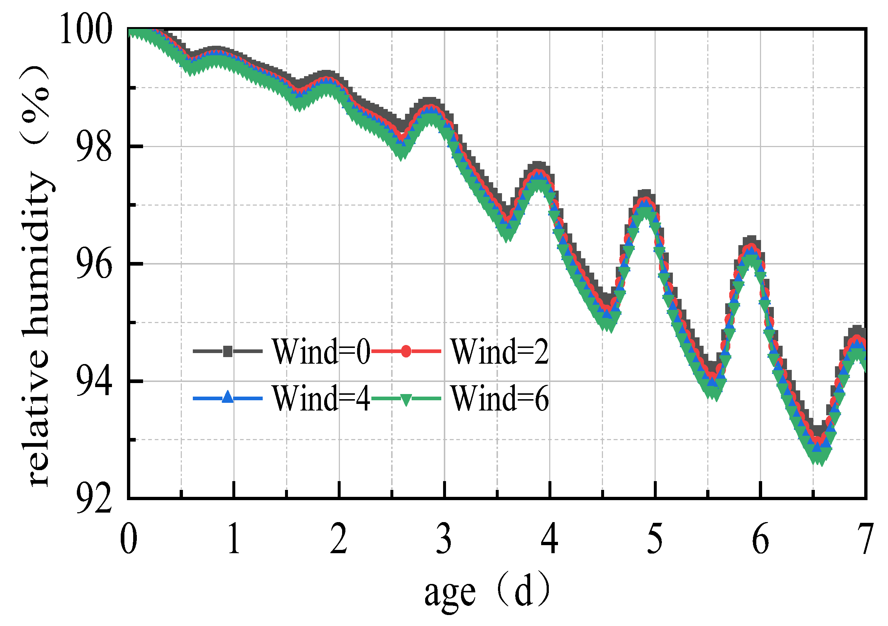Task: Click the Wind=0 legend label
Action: point(321,352)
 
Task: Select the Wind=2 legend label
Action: point(500,352)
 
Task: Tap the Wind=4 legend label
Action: point(321,399)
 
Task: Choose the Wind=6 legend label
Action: point(500,399)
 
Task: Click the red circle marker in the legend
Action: point(406,352)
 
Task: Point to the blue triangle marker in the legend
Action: point(228,397)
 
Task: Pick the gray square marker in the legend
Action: point(228,352)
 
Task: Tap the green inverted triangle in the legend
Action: point(406,400)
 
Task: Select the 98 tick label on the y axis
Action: point(94,147)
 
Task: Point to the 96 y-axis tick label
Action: point(94,265)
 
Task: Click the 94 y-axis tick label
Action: point(94,382)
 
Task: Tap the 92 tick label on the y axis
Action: point(94,499)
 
